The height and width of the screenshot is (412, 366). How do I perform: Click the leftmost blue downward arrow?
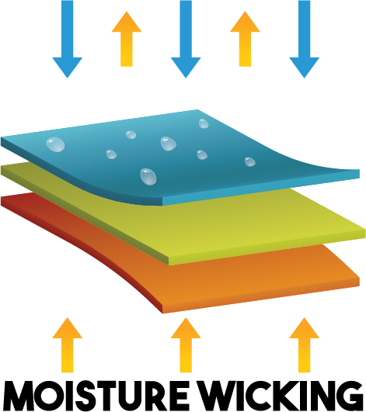coord(68,40)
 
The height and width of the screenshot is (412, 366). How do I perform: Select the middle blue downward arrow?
coord(186,40)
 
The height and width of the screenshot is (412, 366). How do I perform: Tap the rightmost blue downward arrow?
coord(304,40)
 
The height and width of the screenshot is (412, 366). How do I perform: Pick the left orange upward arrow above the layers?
coord(127,39)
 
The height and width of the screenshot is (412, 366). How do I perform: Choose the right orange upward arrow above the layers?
coord(245,39)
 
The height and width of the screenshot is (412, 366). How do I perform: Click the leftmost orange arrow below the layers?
coord(68,344)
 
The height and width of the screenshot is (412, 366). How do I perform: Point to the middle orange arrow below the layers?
coord(186,344)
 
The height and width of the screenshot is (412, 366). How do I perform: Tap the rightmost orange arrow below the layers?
coord(304,344)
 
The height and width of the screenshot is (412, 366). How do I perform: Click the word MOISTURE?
coord(96,396)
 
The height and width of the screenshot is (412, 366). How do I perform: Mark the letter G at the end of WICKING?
coord(348,396)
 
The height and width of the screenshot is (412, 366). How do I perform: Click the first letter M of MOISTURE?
coord(19,396)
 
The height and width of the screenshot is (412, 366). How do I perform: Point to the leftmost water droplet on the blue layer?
coord(55,144)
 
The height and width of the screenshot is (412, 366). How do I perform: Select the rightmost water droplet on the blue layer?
coord(250,162)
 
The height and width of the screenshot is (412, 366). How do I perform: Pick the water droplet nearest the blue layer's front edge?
coord(148,177)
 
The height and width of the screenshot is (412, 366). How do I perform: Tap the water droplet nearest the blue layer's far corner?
coord(204,123)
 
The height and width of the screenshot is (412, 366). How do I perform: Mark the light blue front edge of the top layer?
coord(261,188)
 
